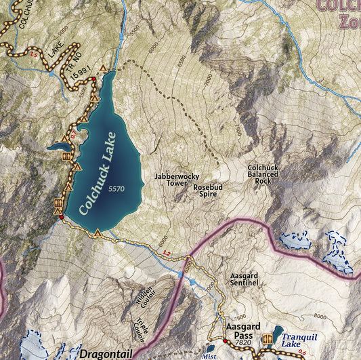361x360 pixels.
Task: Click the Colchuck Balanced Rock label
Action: [263, 174]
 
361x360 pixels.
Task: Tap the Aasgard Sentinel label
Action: [245, 279]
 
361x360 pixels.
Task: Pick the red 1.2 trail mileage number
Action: [167, 253]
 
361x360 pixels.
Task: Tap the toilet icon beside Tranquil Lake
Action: [268, 338]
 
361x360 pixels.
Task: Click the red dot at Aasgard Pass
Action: [225, 341]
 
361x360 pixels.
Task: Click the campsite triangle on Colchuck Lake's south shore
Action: [98, 233]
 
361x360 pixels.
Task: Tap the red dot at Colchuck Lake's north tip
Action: [93, 79]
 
